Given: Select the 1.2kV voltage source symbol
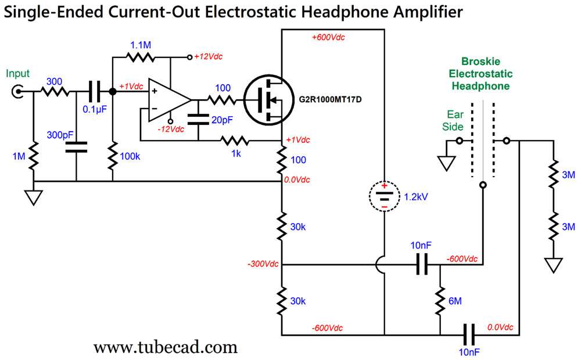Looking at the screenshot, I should [x=383, y=196].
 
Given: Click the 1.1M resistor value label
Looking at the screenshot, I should [x=141, y=45].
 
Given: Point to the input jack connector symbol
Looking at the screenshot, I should [x=19, y=91].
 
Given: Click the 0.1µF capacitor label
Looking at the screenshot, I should [x=94, y=109].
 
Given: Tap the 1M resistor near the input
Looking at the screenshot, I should [x=34, y=156].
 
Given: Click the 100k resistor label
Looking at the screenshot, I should [x=129, y=156].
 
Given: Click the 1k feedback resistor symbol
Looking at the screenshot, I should [x=235, y=141].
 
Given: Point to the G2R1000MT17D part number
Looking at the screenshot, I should [x=331, y=98].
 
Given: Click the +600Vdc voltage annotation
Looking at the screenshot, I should [x=328, y=37].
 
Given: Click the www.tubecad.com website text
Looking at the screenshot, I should [x=166, y=347].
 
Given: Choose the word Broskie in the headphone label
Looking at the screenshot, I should [x=480, y=61].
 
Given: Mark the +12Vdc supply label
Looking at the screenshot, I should [x=209, y=57].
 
